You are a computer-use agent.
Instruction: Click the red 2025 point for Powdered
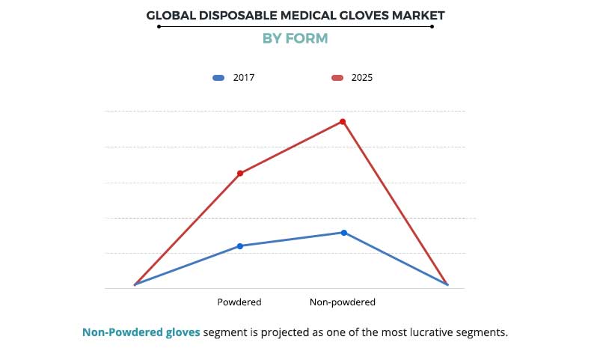(x=240, y=174)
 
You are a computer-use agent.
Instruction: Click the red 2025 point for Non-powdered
(x=343, y=121)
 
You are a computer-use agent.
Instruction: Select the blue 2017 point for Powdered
(x=240, y=245)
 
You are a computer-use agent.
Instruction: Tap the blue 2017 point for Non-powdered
(x=344, y=233)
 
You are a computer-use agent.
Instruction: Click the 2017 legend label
(x=244, y=77)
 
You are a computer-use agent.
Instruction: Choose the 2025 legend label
(x=362, y=77)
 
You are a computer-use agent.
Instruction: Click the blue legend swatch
(x=218, y=77)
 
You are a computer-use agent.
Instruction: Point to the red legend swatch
(x=337, y=77)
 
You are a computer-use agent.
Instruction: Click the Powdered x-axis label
(x=239, y=302)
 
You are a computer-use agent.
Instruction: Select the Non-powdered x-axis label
(x=343, y=302)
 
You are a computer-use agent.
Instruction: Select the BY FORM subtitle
(x=295, y=38)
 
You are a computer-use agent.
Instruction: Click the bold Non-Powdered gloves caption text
(x=141, y=332)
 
